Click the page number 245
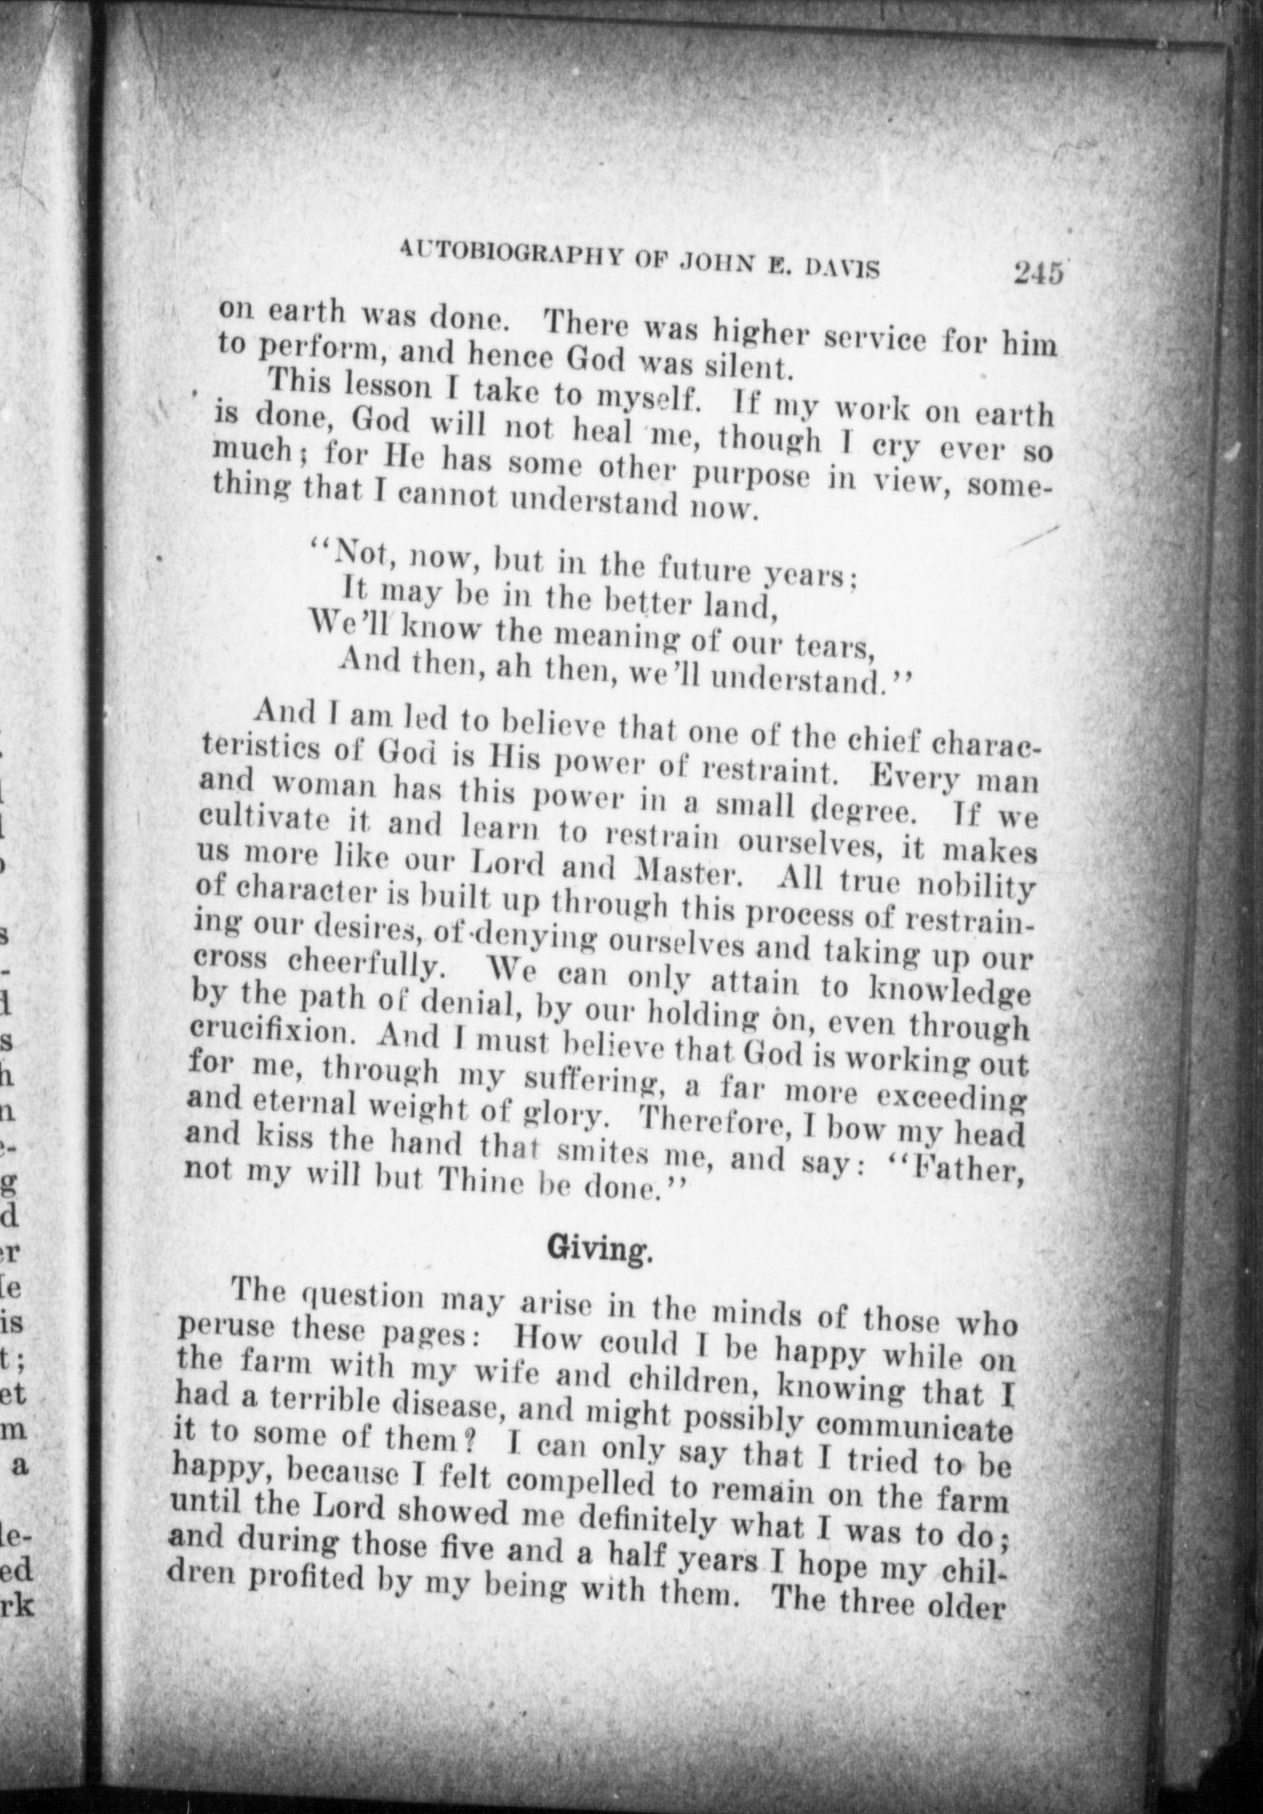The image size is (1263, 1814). click(x=1037, y=274)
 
